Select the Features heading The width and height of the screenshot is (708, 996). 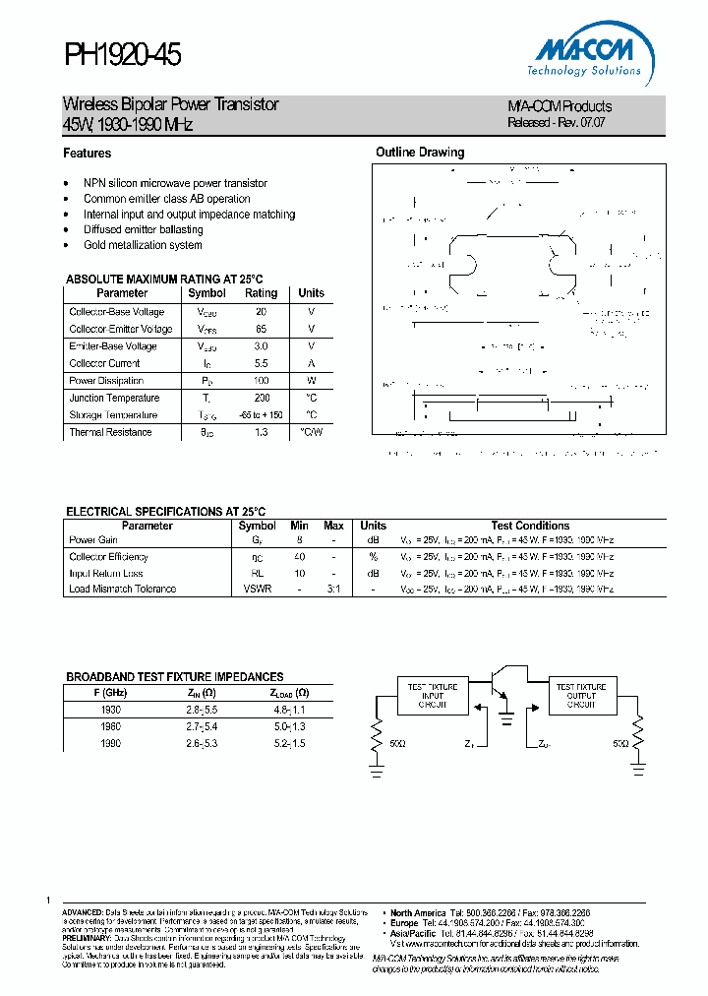(x=88, y=154)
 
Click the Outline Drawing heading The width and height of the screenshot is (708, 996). (x=420, y=153)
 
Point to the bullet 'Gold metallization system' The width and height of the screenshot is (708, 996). (x=143, y=245)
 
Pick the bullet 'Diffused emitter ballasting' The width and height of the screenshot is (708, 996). (x=143, y=229)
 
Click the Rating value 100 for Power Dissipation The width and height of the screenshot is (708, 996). (x=261, y=381)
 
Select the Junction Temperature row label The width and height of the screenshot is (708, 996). (x=114, y=399)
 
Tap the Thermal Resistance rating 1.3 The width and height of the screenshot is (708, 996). (x=261, y=433)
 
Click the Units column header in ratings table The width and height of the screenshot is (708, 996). (x=311, y=293)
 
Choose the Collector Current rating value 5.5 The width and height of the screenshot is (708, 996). (x=261, y=363)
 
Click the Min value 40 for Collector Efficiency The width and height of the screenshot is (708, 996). (x=300, y=557)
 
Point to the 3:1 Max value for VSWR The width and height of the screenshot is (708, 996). (x=333, y=589)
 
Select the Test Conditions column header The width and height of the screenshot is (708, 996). (x=530, y=526)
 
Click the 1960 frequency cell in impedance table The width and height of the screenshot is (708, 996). (x=110, y=726)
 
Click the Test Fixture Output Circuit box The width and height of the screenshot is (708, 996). (x=581, y=695)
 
